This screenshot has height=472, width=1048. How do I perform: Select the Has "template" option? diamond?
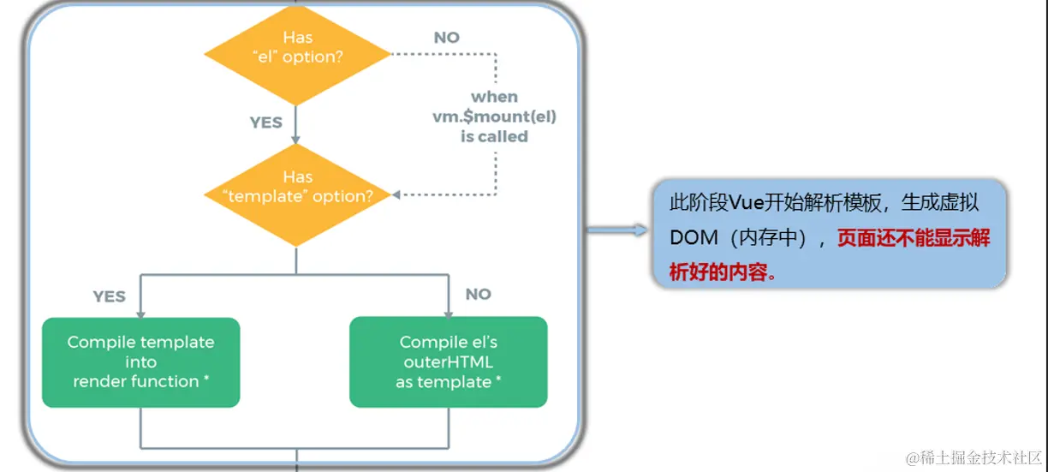pos(297,187)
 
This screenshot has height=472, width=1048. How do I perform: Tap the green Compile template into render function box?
pos(141,361)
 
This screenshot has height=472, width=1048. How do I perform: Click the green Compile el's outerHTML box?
pos(448,361)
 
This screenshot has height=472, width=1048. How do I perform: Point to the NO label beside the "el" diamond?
pos(446,38)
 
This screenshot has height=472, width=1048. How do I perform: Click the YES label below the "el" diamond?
pos(265,122)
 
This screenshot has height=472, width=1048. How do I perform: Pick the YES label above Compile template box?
pos(109,296)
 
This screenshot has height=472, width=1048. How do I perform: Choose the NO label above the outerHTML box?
pos(478,294)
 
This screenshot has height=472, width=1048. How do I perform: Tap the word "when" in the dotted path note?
pos(494,97)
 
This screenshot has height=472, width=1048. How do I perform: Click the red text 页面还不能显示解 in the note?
pos(914,238)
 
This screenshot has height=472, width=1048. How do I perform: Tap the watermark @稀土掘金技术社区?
pos(974,456)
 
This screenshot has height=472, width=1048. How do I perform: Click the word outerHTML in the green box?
pos(448,361)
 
